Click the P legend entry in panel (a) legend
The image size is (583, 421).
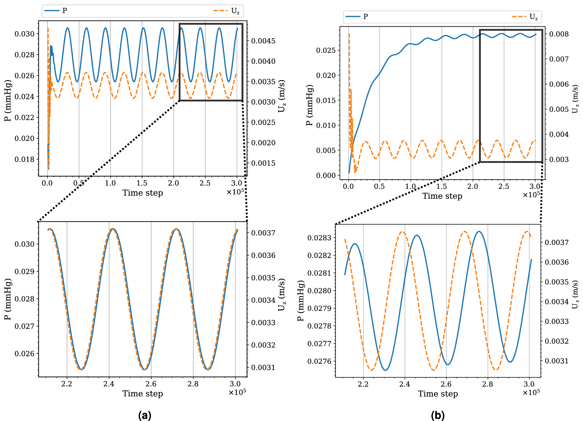[x=56, y=11]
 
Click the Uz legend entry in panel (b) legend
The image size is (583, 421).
[x=525, y=17]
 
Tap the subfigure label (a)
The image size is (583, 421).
[x=144, y=415]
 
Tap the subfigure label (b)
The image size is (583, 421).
[x=437, y=415]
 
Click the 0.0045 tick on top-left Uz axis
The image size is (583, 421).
[x=263, y=41]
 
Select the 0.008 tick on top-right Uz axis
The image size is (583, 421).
[x=559, y=34]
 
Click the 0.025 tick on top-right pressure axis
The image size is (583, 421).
[x=326, y=51]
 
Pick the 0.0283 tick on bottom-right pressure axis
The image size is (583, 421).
[x=319, y=238]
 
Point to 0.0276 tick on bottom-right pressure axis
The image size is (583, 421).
[x=319, y=361]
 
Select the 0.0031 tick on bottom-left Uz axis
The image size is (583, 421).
[x=263, y=368]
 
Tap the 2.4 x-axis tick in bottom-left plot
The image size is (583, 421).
[x=109, y=384]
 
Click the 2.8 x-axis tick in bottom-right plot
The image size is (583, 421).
[x=488, y=384]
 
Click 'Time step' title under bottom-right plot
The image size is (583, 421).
[x=438, y=394]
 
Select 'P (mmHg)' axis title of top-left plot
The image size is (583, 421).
[x=8, y=101]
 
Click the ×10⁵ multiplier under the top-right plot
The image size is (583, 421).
[x=531, y=195]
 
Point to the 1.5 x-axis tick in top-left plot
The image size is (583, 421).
[x=142, y=183]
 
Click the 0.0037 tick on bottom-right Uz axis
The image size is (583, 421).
[x=557, y=243]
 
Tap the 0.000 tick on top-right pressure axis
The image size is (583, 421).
[x=326, y=175]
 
